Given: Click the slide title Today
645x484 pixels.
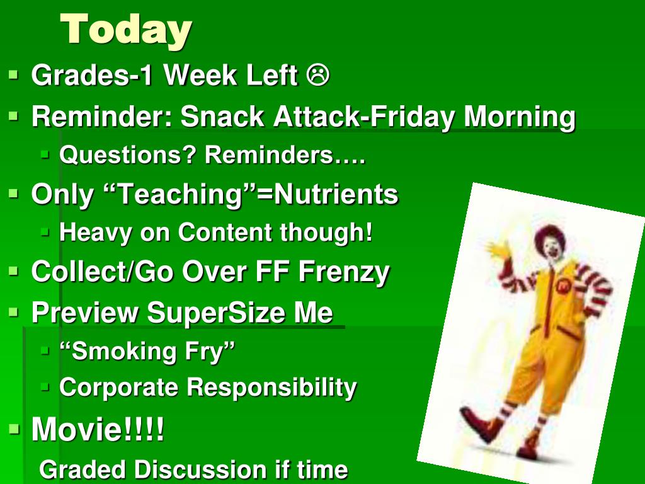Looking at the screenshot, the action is click(126, 29).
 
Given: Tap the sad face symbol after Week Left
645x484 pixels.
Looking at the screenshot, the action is click(317, 76).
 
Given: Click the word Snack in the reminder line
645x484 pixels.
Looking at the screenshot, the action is click(222, 116).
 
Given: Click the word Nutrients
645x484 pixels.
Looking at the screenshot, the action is click(336, 194).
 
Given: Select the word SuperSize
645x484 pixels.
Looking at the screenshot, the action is click(215, 313).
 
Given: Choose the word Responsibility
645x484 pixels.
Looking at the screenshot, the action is click(272, 388).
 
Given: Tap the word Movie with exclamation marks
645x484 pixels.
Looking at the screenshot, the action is click(98, 429).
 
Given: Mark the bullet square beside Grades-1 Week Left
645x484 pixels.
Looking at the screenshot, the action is click(14, 76).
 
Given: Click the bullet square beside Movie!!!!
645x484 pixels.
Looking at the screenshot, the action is click(14, 429).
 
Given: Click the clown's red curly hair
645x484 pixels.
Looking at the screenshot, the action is click(549, 236).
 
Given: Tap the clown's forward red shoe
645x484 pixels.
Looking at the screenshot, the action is click(480, 424).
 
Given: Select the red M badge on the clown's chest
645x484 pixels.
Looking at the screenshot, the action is click(562, 285).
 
